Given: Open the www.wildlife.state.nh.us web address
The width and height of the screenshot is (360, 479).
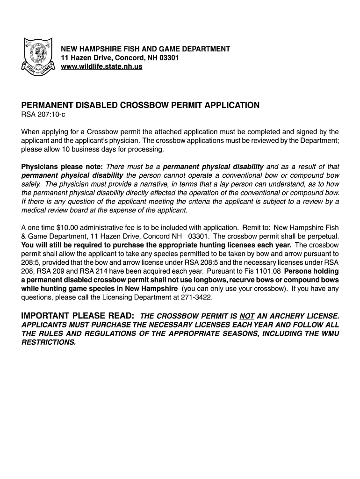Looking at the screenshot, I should pos(101,66).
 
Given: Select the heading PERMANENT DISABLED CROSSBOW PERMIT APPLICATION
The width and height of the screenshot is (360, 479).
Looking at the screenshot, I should pos(140,105).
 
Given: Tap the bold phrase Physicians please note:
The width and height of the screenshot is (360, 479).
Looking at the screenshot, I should pos(62,167).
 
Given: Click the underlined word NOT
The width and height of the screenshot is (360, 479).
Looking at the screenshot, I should pos(247,315).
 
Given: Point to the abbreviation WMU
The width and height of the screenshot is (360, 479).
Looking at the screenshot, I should pos(328,333).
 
